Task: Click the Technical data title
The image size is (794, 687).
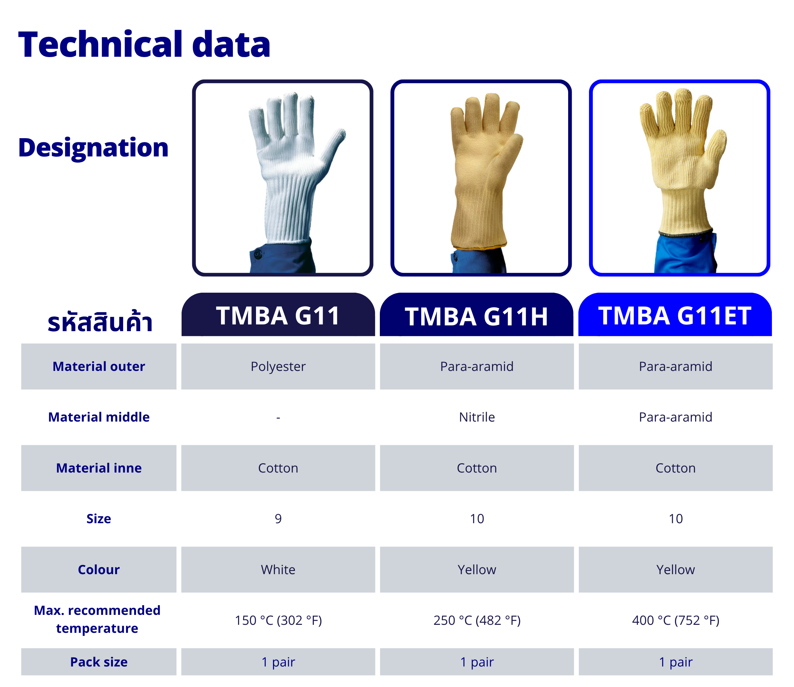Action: (144, 45)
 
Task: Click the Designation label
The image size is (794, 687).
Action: (93, 148)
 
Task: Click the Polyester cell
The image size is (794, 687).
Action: (278, 366)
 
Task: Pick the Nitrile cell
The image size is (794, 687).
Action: (477, 417)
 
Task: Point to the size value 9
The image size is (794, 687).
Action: (278, 519)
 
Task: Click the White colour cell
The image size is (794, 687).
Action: (278, 570)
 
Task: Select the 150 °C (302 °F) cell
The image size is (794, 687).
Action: (278, 620)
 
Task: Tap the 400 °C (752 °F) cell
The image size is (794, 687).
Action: (676, 620)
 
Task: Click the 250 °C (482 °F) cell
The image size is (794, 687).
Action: (477, 620)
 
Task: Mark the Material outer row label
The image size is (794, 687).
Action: (98, 366)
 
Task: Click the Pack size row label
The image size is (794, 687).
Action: (98, 662)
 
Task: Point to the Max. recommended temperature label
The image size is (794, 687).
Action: (97, 620)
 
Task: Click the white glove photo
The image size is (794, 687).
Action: (283, 178)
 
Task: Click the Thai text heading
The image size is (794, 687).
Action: (100, 321)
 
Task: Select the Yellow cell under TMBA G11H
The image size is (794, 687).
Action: (477, 570)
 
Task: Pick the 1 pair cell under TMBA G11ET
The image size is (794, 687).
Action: (676, 662)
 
